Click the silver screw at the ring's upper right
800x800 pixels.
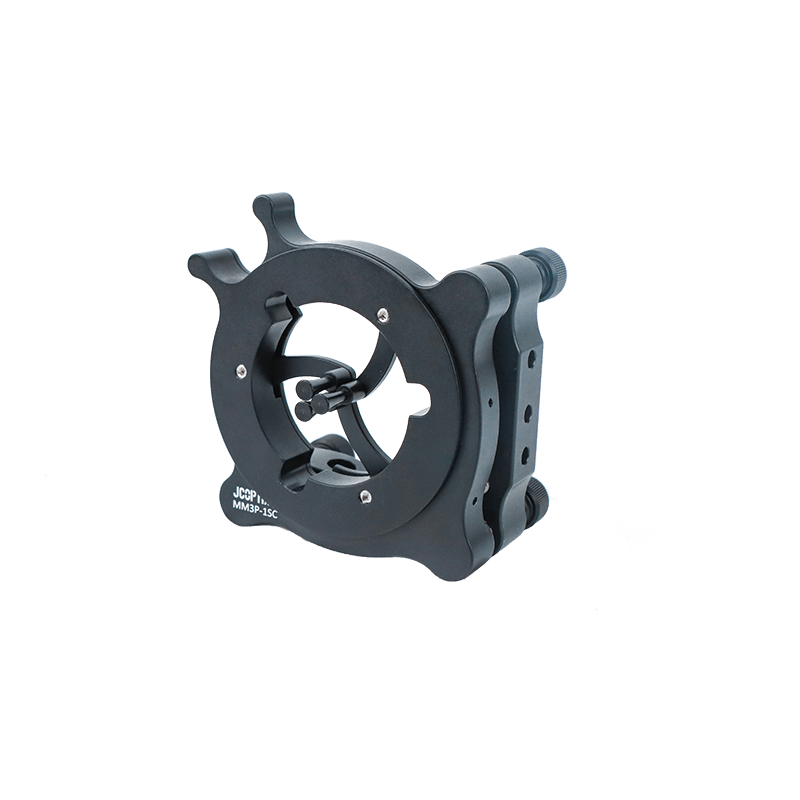382,315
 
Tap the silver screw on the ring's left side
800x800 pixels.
241,373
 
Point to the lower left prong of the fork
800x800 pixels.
206,265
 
